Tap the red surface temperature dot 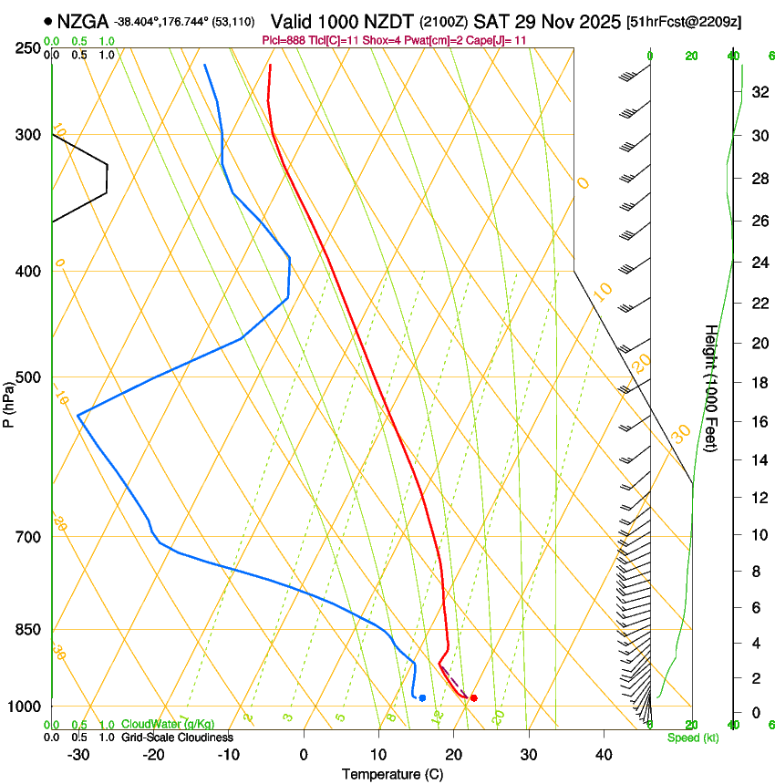pos(473,697)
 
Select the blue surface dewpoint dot pos(422,697)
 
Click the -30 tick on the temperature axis pos(78,754)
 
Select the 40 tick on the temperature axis pos(603,754)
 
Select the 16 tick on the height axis pos(757,421)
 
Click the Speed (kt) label pos(692,738)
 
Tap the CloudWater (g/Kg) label pos(168,725)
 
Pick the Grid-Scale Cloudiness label pos(177,738)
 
